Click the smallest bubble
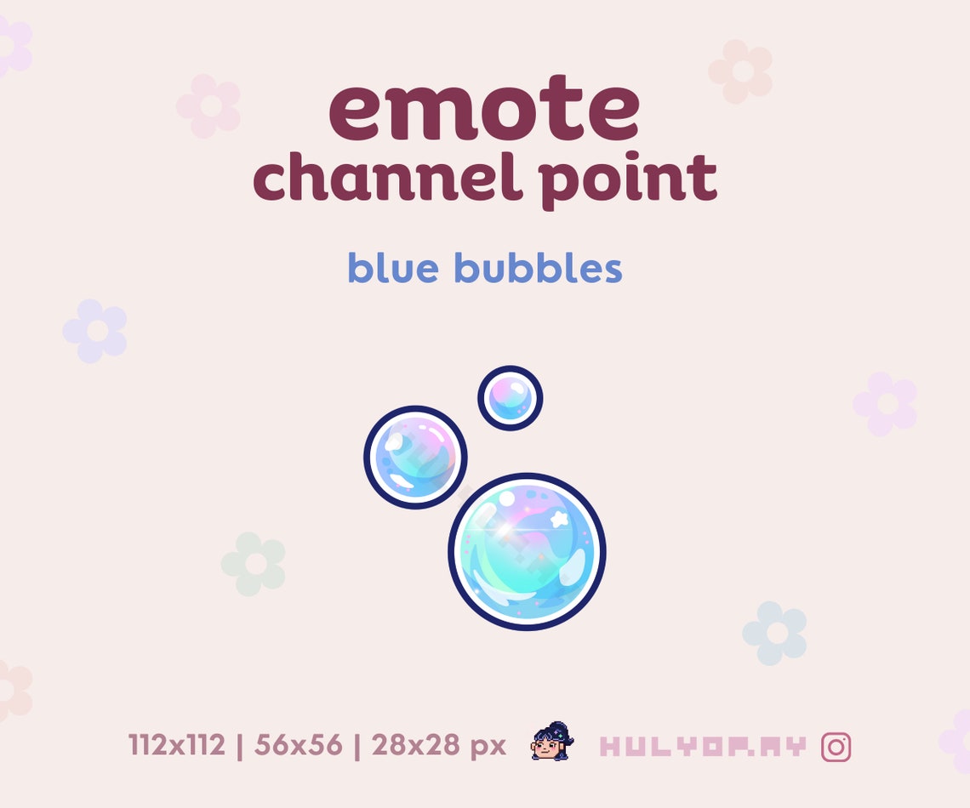pyautogui.click(x=510, y=398)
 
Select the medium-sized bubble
pyautogui.click(x=415, y=458)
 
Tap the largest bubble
pyautogui.click(x=527, y=552)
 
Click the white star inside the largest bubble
pyautogui.click(x=560, y=517)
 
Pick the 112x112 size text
pyautogui.click(x=177, y=746)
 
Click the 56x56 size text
pyautogui.click(x=297, y=746)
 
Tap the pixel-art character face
pyautogui.click(x=551, y=743)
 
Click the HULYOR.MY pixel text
pyautogui.click(x=702, y=747)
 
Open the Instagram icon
pyautogui.click(x=836, y=747)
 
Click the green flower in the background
pyautogui.click(x=254, y=564)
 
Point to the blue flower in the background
pyautogui.click(x=774, y=634)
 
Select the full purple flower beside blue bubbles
pyautogui.click(x=95, y=331)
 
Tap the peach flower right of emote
pyautogui.click(x=740, y=71)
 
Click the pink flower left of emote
pyautogui.click(x=208, y=106)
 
